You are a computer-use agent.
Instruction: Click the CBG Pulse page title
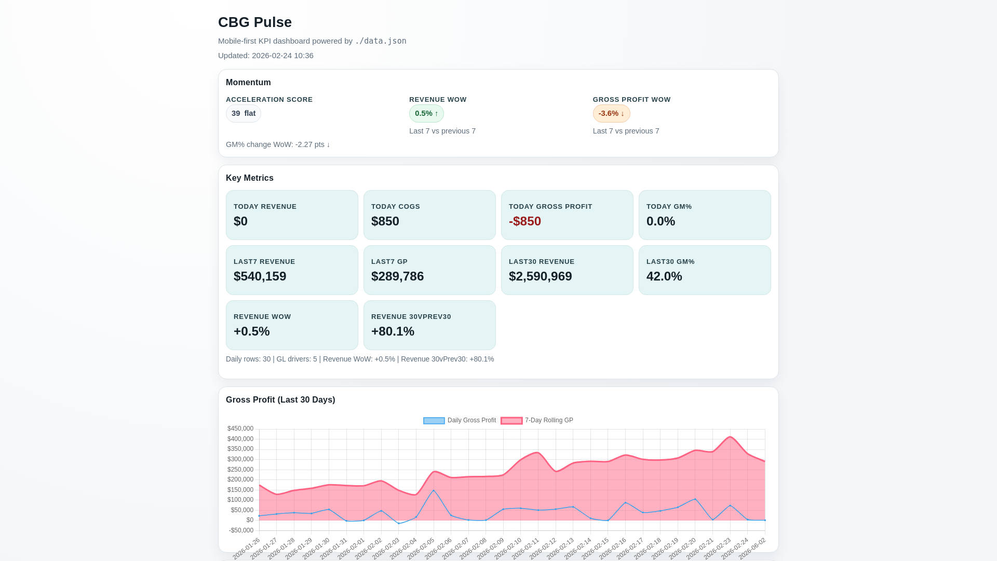[254, 22]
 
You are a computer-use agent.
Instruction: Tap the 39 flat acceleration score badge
[243, 113]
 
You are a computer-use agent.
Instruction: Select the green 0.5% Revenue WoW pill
[426, 113]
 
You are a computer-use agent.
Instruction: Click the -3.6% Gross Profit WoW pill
[611, 113]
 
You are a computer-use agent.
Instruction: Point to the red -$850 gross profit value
[524, 221]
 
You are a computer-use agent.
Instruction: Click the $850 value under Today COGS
[385, 221]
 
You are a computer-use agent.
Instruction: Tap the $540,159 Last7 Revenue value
[260, 276]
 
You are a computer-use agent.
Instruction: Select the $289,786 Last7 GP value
[397, 276]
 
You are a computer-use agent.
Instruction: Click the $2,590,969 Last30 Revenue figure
[540, 276]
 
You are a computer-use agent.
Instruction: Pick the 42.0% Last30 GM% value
[664, 276]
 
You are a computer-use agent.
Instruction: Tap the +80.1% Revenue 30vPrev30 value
[393, 331]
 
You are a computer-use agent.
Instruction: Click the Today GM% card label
[669, 207]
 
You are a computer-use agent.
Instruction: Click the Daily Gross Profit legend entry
[460, 421]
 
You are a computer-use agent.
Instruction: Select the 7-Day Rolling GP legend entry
[537, 421]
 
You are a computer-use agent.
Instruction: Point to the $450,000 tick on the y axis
[240, 429]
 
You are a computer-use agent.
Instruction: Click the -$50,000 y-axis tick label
[241, 530]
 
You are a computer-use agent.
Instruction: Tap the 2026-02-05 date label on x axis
[421, 549]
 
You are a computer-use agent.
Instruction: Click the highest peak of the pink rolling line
[730, 437]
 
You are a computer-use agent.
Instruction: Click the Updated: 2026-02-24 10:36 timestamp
[265, 56]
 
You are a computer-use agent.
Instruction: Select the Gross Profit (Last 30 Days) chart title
[280, 400]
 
